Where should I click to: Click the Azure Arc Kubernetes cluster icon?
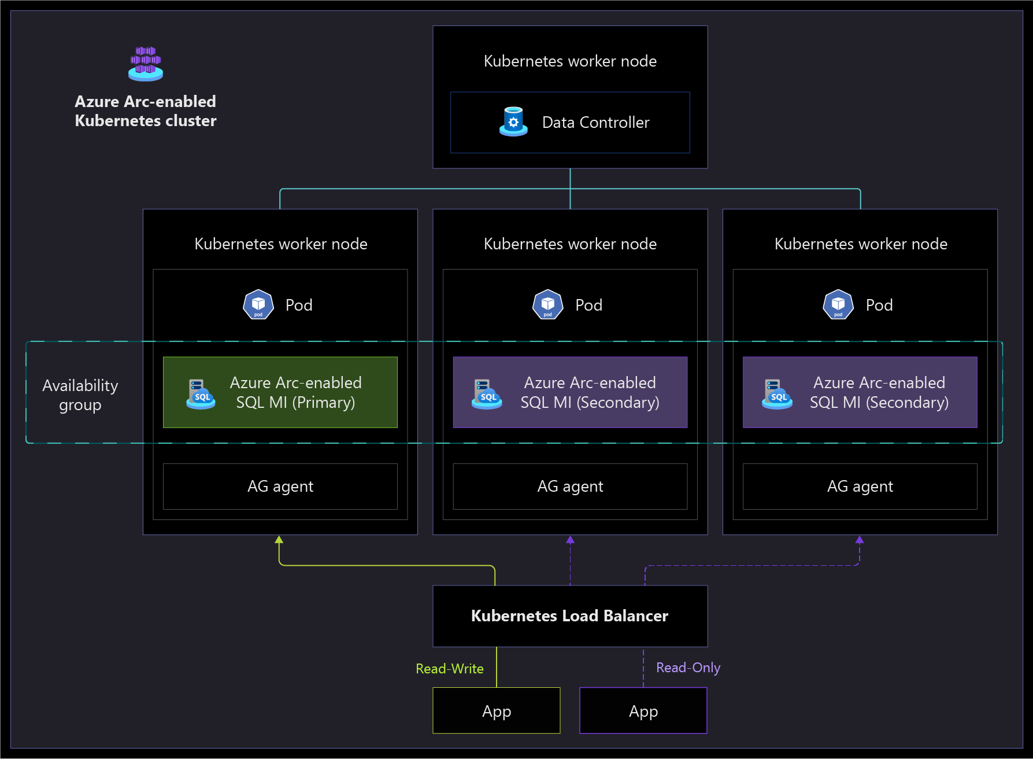tap(146, 64)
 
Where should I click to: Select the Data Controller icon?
tap(513, 121)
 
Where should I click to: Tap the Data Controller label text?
tap(595, 123)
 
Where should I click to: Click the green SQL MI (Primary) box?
tap(280, 392)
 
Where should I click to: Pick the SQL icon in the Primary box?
tap(201, 394)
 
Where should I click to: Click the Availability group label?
tap(80, 395)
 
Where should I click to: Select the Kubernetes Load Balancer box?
tap(570, 616)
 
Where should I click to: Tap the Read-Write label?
tap(450, 669)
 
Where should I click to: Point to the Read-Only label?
tap(688, 668)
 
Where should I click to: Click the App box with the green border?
tap(497, 710)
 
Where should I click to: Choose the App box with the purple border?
tap(643, 710)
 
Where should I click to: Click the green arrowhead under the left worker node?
tap(279, 540)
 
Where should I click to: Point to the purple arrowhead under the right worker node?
tap(860, 540)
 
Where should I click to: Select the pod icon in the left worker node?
tap(258, 304)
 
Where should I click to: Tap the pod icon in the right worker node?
tap(838, 304)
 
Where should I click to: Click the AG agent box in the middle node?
tap(570, 487)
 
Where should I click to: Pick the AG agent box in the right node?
tap(860, 487)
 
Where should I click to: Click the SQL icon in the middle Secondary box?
tap(487, 394)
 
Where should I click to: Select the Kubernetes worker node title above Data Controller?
tap(570, 61)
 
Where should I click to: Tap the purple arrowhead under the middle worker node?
tap(571, 540)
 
